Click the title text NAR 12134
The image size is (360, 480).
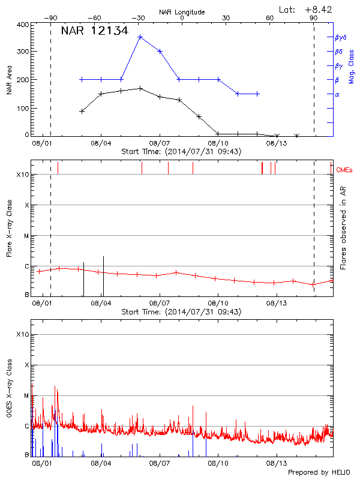[94, 31]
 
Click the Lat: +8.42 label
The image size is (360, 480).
[306, 9]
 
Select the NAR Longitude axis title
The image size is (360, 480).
[182, 11]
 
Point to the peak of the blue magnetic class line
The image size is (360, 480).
[140, 37]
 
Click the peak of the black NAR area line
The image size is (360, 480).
[140, 88]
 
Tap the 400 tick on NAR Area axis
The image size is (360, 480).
[22, 25]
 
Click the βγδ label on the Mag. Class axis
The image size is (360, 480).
[341, 37]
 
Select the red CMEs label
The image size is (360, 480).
[346, 170]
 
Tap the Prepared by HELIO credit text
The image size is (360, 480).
[319, 473]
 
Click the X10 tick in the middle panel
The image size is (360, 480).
[23, 175]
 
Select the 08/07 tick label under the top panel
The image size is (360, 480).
[160, 143]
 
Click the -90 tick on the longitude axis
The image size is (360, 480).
[50, 18]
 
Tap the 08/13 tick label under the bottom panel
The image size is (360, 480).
[275, 463]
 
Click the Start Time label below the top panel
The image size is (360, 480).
[182, 152]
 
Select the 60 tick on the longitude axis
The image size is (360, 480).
[270, 18]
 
